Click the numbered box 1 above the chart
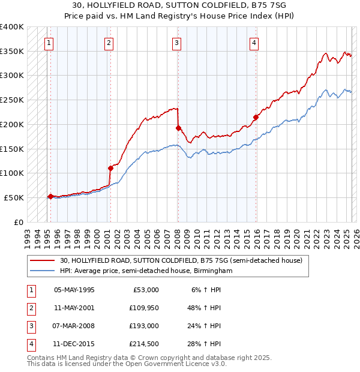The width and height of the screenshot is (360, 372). [x=48, y=43]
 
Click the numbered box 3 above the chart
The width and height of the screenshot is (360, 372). [x=177, y=43]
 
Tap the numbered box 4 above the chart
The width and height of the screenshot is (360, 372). [x=254, y=43]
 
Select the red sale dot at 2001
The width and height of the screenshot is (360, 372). [x=110, y=168]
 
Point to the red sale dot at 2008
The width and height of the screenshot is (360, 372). [x=178, y=127]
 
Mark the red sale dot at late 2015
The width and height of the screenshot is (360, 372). [x=256, y=117]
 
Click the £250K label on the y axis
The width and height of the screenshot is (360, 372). [x=13, y=100]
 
